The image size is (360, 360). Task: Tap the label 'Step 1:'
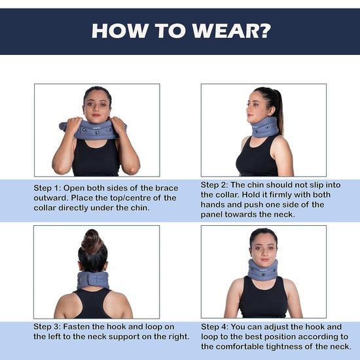(50, 188)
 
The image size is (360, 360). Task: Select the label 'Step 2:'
(217, 185)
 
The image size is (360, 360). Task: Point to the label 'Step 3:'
(50, 325)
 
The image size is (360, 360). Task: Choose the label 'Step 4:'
(217, 326)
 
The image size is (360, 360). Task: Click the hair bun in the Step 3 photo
(92, 242)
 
